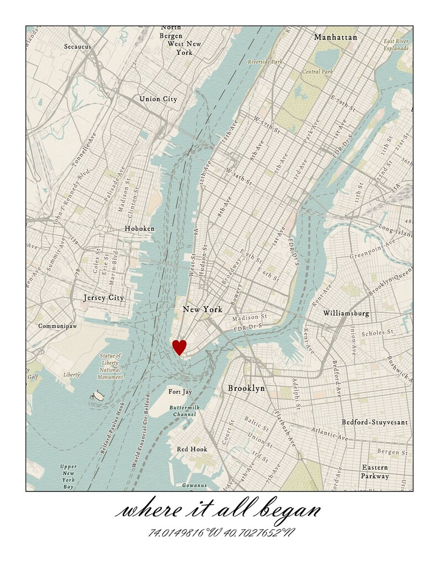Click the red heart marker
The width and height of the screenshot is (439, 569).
click(x=179, y=347)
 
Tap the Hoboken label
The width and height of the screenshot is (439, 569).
click(x=139, y=228)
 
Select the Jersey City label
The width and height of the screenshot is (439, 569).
click(x=103, y=298)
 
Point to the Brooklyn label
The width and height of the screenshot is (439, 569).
click(x=246, y=389)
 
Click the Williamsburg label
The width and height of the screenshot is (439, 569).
click(x=346, y=313)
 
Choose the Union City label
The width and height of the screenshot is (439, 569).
click(x=158, y=99)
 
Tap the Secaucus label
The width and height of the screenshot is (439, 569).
click(x=77, y=47)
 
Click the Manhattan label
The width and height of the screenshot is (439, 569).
click(x=336, y=38)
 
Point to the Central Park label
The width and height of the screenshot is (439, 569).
click(x=317, y=72)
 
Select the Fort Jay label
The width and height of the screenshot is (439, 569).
click(x=180, y=392)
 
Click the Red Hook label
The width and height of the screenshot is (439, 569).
click(x=192, y=449)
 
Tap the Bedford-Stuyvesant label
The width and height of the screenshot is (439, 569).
click(x=374, y=422)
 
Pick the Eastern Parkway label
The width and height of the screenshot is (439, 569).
click(x=375, y=472)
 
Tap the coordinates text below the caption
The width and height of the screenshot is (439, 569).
click(x=221, y=533)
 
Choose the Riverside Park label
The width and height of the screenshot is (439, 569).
click(x=265, y=62)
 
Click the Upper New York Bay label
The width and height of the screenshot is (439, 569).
click(x=68, y=477)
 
